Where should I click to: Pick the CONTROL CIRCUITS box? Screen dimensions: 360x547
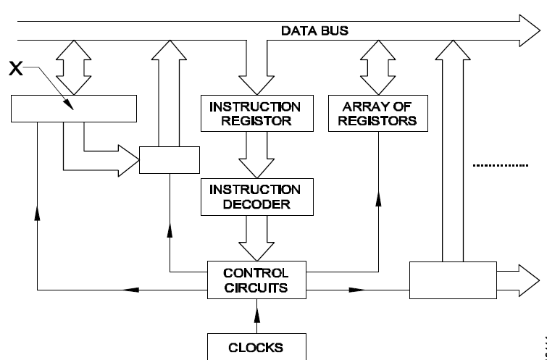256,280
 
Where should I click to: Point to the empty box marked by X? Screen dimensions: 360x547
74,109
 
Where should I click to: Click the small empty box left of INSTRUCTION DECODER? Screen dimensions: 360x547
168,159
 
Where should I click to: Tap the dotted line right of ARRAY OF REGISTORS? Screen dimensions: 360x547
501,167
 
